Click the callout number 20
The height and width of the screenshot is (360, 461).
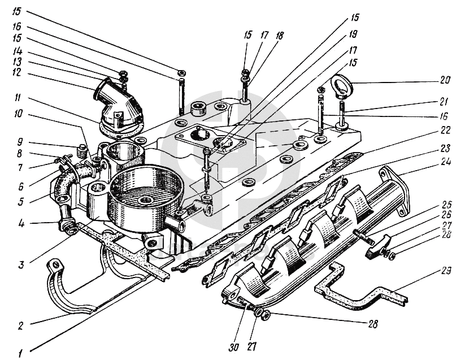445,80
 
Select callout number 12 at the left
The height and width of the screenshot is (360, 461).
17,72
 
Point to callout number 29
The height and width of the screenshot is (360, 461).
446,271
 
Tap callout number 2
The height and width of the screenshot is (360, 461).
20,326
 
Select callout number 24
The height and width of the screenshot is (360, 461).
446,162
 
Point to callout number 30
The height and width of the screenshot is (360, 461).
234,347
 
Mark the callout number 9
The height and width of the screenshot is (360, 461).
20,142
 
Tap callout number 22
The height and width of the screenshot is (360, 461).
446,130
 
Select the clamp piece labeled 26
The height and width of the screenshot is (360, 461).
377,246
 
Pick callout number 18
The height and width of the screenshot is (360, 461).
279,36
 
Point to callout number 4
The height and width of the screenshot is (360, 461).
20,224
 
